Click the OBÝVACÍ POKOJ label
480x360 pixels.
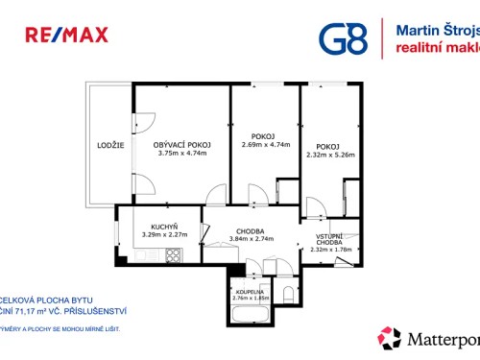click(181, 144)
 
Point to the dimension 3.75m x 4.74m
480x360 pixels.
click(181, 154)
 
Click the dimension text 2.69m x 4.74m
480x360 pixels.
click(264, 145)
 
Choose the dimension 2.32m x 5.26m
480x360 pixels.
click(332, 154)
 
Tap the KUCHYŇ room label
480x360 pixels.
click(153, 227)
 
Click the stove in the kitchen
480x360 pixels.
click(174, 255)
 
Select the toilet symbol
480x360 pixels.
click(289, 293)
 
